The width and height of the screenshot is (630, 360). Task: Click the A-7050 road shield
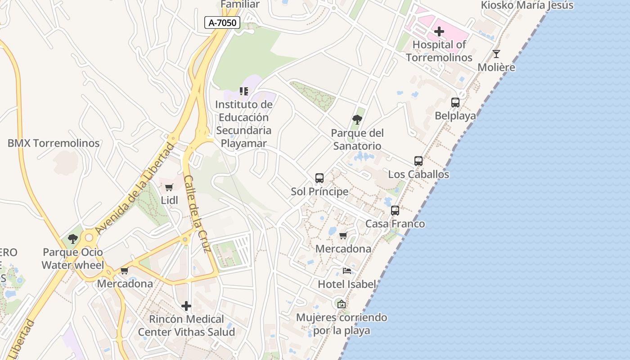point(222,22)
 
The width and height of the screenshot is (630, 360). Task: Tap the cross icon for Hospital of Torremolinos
point(439,31)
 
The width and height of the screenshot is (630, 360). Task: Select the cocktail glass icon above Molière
point(496,54)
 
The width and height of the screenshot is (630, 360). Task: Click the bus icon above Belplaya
point(455,103)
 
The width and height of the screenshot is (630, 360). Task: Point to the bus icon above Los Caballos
point(418,161)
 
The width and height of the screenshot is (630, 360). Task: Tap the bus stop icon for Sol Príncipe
point(319,178)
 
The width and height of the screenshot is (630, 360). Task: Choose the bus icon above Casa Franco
point(395,211)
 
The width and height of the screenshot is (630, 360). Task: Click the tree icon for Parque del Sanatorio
point(357,120)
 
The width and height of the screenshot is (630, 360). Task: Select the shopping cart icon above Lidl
point(169,187)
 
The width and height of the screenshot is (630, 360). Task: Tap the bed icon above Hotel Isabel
point(347,271)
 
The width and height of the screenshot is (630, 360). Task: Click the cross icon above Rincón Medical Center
point(186,306)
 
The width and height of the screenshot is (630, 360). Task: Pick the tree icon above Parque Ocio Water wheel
point(73,239)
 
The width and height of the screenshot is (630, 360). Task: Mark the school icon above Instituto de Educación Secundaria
point(244,91)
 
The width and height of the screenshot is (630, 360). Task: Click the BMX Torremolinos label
point(54,144)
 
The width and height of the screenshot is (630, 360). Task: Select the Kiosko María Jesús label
point(527,5)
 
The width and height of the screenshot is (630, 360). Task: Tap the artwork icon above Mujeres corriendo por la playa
point(342,304)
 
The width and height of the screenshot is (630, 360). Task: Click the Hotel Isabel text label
point(346,284)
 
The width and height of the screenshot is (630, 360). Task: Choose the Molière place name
point(496,67)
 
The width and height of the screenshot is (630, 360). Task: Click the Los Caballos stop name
point(418,175)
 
